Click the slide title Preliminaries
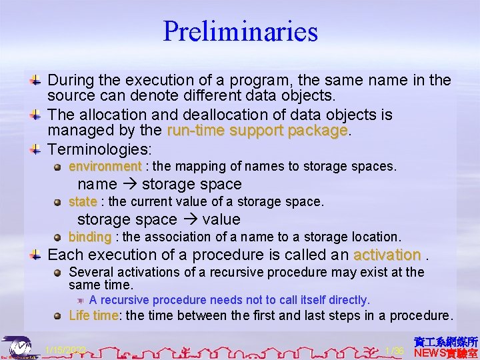(240, 31)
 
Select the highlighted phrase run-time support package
(258, 131)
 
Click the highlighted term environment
(105, 166)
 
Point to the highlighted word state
(83, 201)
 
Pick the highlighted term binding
(90, 237)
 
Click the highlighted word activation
(387, 255)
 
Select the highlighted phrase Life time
(93, 315)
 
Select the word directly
(343, 300)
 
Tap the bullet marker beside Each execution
(37, 255)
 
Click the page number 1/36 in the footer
(395, 351)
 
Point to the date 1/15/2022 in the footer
(64, 351)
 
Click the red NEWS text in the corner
(432, 353)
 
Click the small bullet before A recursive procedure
(81, 301)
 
